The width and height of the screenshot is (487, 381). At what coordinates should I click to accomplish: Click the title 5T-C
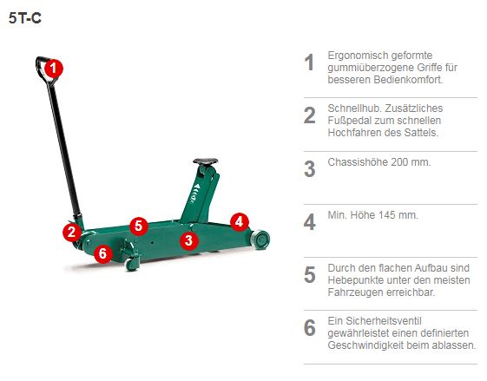click(x=25, y=16)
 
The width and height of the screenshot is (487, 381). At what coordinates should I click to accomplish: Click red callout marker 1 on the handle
click(x=53, y=67)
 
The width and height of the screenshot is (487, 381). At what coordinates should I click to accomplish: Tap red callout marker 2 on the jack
click(x=71, y=232)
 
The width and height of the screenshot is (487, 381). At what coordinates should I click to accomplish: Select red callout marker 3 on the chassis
click(x=189, y=240)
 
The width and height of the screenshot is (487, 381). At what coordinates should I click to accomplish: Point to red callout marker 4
click(x=240, y=221)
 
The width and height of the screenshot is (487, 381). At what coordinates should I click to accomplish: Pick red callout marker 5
click(x=138, y=226)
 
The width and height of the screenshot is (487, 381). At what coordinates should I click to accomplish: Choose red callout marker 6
click(x=102, y=253)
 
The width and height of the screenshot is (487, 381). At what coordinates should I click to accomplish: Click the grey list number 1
click(x=309, y=62)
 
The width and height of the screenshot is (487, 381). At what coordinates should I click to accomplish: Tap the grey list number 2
click(x=309, y=116)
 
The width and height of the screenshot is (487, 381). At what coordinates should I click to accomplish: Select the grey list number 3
click(x=309, y=169)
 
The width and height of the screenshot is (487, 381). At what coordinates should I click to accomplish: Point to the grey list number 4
click(x=309, y=222)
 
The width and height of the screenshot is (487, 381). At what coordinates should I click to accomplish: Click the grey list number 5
click(x=309, y=275)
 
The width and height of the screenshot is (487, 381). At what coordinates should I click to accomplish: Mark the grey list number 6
click(x=309, y=328)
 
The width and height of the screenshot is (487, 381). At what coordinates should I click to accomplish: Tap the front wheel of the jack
click(x=260, y=239)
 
